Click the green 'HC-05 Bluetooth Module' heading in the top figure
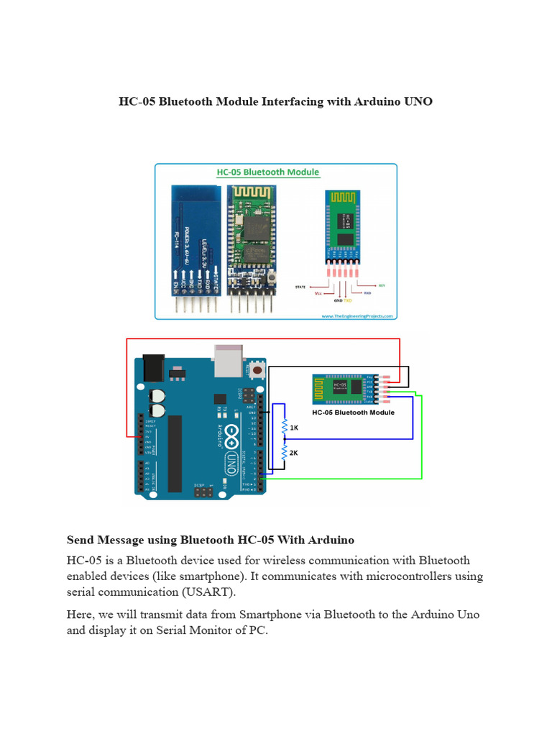pyautogui.click(x=268, y=172)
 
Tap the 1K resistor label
pyautogui.click(x=293, y=427)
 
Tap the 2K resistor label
pyautogui.click(x=293, y=453)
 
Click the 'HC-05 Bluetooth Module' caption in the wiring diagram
pyautogui.click(x=353, y=413)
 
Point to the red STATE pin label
pyautogui.click(x=301, y=286)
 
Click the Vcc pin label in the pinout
pyautogui.click(x=319, y=293)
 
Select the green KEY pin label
pyautogui.click(x=382, y=285)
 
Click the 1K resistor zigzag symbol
pyautogui.click(x=285, y=427)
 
